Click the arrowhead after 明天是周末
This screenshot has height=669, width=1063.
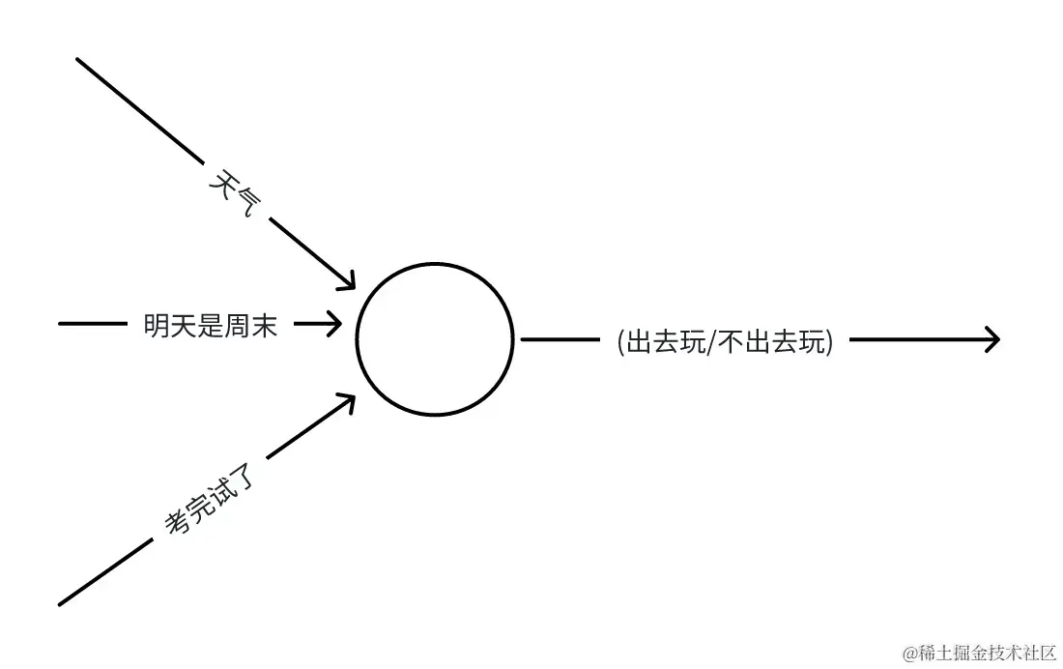point(333,325)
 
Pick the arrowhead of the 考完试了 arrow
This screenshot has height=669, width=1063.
point(347,400)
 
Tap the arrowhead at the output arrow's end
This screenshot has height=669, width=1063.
point(991,338)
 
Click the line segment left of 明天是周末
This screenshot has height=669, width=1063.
point(92,323)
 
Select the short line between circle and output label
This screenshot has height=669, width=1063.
point(560,339)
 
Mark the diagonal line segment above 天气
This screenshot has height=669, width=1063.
point(140,109)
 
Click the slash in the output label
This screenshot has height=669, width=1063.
point(713,341)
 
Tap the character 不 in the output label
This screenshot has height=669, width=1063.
point(733,341)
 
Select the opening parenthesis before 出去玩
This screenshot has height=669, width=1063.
point(620,341)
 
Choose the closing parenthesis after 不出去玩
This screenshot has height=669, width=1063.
point(829,341)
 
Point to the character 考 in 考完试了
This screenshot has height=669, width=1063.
point(176,523)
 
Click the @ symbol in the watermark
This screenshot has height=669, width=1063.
point(909,653)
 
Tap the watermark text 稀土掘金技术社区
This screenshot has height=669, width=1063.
point(987,653)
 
